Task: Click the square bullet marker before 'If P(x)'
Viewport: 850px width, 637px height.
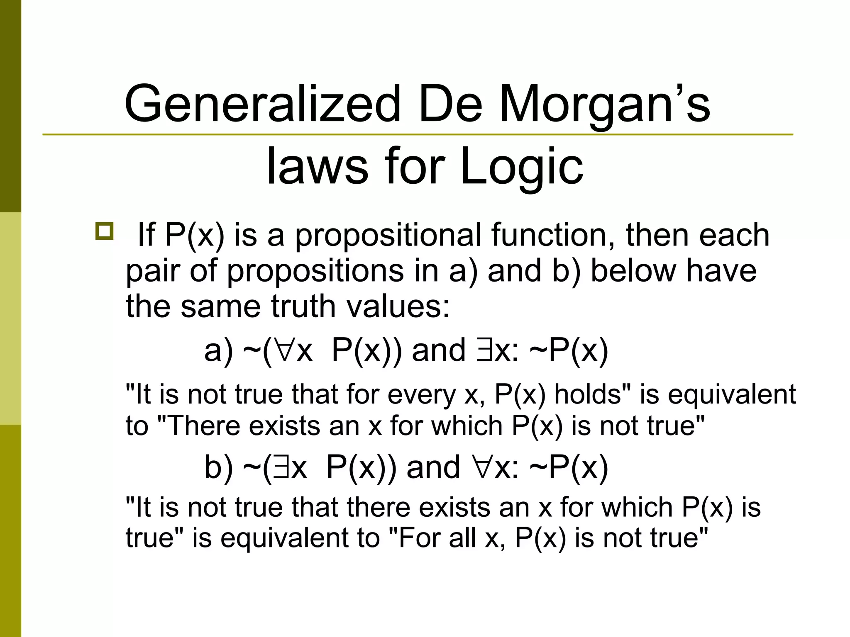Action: (104, 231)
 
